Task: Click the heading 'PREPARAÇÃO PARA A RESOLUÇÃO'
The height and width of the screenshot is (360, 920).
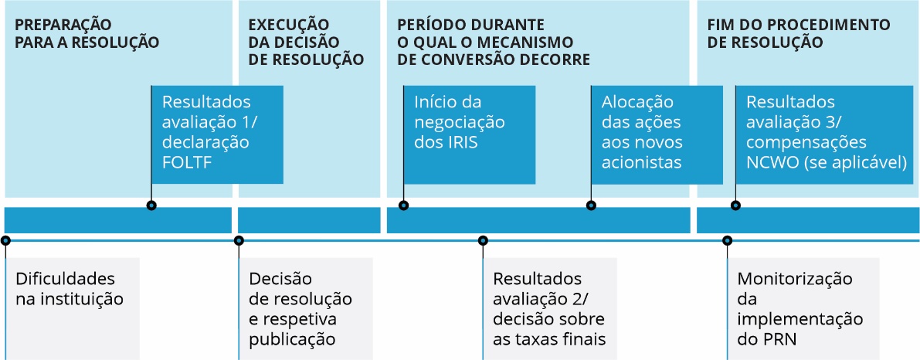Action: tap(87, 34)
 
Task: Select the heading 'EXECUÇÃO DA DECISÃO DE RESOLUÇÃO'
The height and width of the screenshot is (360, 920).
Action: tap(306, 42)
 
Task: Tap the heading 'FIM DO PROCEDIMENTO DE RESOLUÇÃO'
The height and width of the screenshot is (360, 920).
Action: tap(799, 34)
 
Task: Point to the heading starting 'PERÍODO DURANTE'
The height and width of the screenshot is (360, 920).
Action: tap(494, 42)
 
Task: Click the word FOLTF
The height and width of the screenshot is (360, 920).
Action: tap(187, 162)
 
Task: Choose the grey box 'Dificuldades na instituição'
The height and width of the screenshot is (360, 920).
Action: tap(72, 308)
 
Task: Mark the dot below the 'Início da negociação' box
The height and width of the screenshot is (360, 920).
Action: tap(404, 205)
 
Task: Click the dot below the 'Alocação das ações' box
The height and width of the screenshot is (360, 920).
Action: tap(592, 205)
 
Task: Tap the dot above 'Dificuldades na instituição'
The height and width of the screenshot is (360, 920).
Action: tap(6, 240)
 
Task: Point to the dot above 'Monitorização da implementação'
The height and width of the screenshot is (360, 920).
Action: tap(728, 240)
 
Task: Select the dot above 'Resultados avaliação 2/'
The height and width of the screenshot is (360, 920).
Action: tap(483, 240)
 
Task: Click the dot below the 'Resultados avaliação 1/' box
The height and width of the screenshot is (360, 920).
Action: tap(151, 205)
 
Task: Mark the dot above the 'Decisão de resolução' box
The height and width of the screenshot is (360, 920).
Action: tap(239, 240)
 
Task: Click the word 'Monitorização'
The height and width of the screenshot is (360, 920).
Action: tap(794, 279)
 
